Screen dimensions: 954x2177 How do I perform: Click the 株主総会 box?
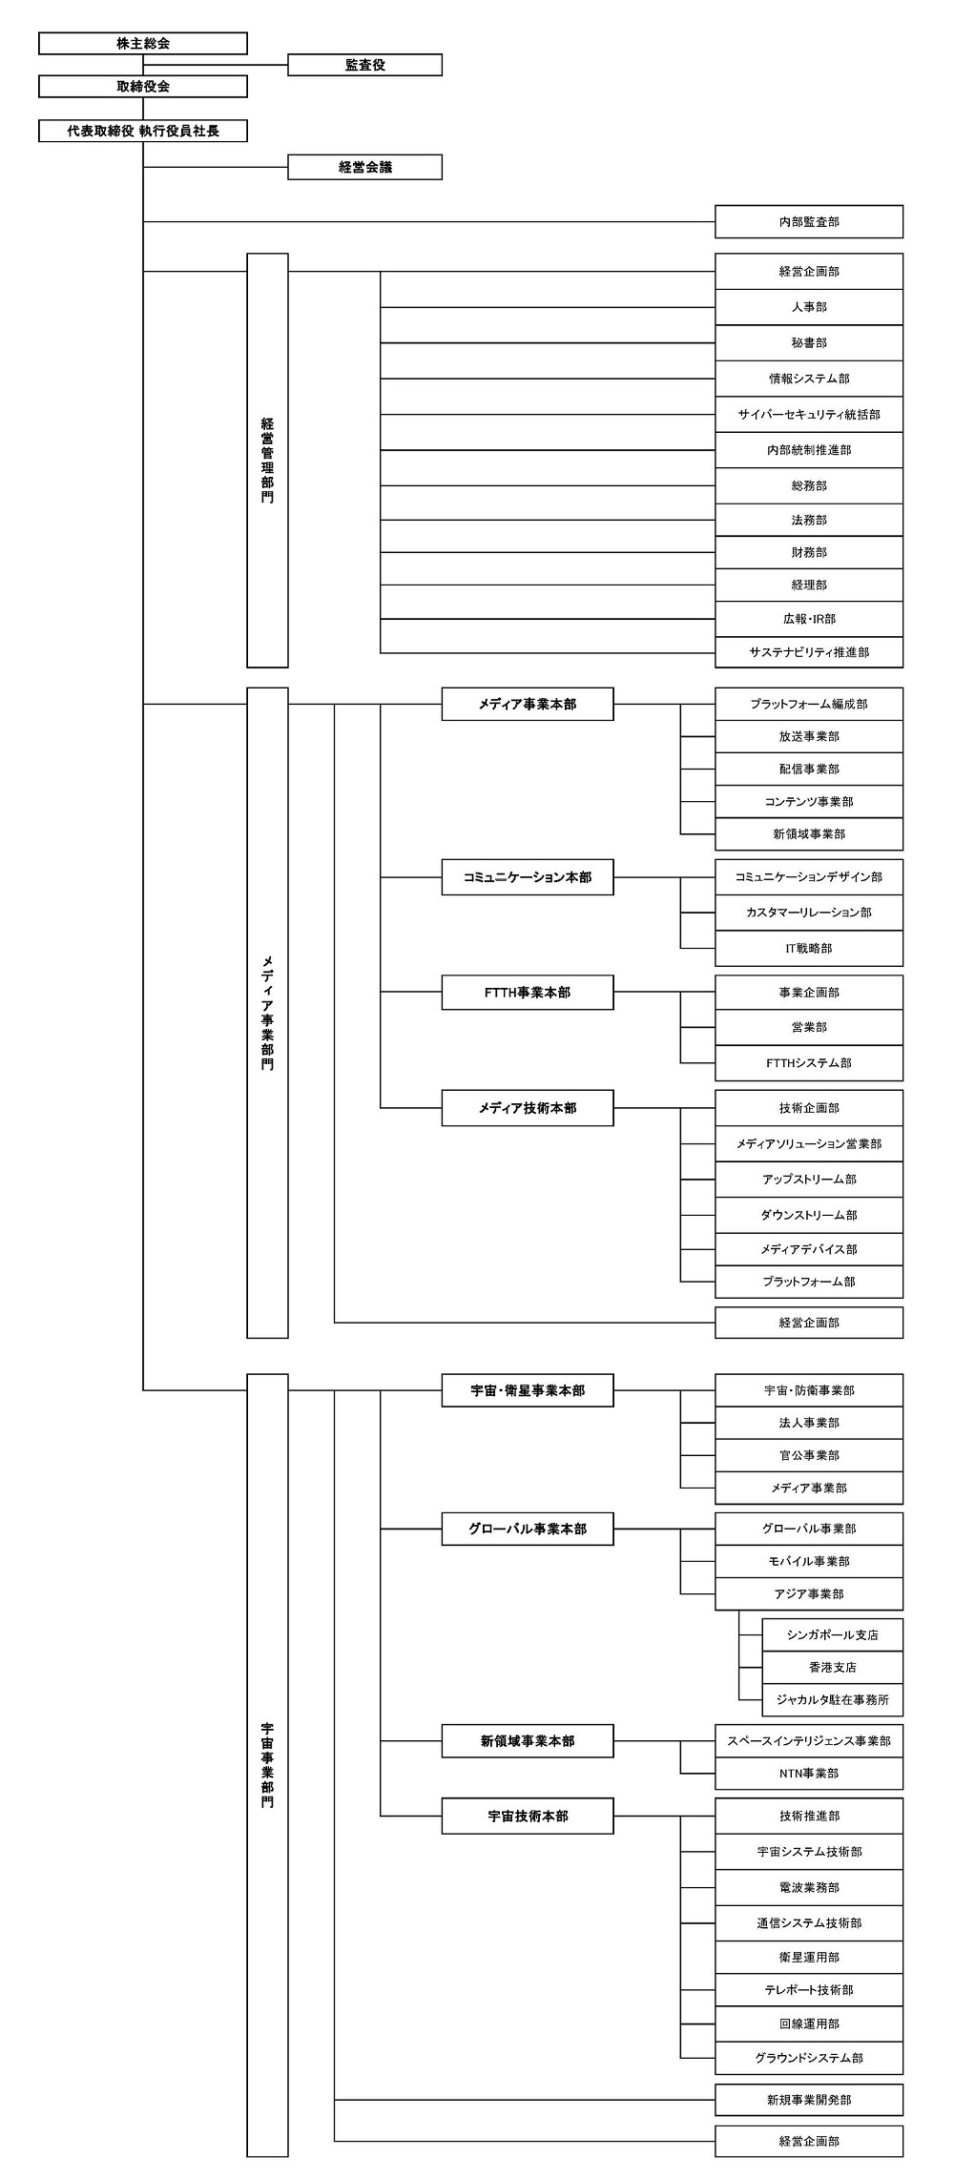(x=143, y=44)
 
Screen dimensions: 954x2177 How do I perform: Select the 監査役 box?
(x=365, y=65)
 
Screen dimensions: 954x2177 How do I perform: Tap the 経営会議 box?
(x=365, y=167)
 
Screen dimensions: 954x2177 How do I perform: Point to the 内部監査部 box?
(x=809, y=221)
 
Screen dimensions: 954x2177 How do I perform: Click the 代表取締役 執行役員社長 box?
(x=143, y=131)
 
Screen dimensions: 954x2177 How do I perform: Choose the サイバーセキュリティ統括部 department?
(x=809, y=415)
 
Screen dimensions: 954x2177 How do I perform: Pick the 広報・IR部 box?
(x=809, y=619)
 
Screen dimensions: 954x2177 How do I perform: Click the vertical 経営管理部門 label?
(x=267, y=461)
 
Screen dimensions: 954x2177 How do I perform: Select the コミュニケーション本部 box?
(x=528, y=877)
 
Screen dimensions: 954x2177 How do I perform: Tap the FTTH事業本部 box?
(x=528, y=993)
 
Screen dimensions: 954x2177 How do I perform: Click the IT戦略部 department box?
(x=809, y=949)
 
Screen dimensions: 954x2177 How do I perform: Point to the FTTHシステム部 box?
(x=809, y=1063)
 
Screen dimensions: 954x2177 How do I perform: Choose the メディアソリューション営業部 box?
(x=809, y=1143)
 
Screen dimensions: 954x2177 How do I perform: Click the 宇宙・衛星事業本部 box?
(x=528, y=1390)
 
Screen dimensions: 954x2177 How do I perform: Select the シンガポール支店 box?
(x=833, y=1634)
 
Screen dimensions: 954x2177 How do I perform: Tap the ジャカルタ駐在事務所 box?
(x=833, y=1699)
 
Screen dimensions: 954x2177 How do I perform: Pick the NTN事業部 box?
(x=809, y=1774)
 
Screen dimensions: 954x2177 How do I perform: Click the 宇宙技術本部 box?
(x=528, y=1817)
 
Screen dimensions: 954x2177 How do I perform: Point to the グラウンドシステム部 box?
(x=809, y=2058)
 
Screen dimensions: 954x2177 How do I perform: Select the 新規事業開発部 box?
(x=809, y=2100)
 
